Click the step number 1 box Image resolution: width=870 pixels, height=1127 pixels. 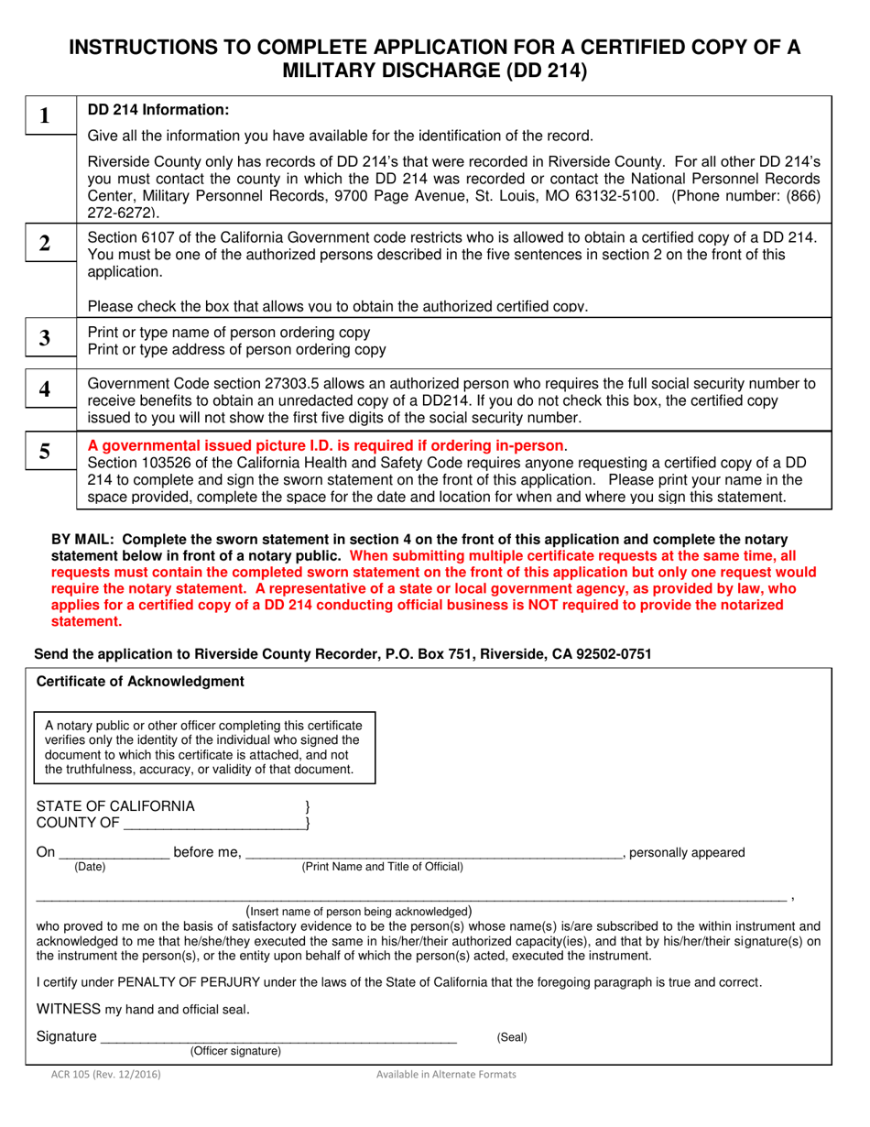click(x=44, y=117)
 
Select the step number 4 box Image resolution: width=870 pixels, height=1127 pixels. click(x=44, y=389)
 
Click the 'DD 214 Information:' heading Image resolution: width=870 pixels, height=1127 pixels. click(x=158, y=110)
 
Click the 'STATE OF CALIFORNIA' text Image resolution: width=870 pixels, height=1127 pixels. click(x=115, y=805)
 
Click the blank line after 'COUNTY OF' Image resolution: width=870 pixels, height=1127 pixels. click(x=212, y=824)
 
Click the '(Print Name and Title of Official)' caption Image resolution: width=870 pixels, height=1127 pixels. click(x=382, y=867)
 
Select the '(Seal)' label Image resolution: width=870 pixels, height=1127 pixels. click(x=512, y=1037)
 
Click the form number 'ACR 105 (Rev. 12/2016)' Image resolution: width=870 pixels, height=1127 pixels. click(x=105, y=1075)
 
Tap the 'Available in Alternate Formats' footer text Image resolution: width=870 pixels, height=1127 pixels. click(x=446, y=1075)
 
